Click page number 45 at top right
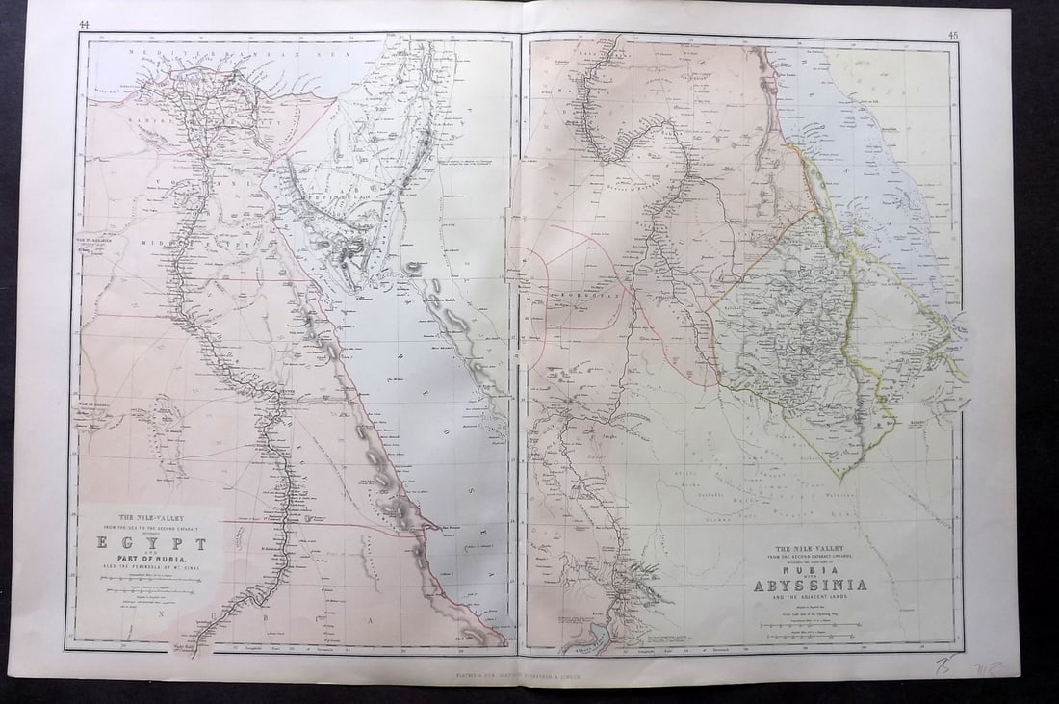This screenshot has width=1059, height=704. tap(952, 36)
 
